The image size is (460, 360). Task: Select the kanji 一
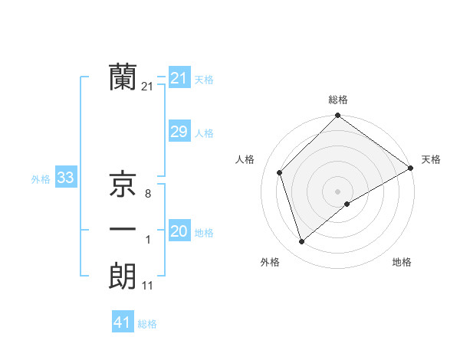pos(123,230)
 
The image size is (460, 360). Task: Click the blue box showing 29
pos(179,132)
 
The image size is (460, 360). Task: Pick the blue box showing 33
pos(65,178)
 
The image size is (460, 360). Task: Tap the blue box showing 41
pos(123,322)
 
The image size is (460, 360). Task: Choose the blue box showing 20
pos(179,231)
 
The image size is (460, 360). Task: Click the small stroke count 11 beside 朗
pos(147,286)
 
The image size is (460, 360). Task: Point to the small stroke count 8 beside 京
pos(147,195)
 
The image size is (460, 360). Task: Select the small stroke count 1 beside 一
pos(147,241)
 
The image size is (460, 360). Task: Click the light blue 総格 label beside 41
pos(147,324)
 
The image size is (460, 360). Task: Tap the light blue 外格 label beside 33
pos(41,179)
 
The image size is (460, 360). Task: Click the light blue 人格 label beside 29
pos(204,133)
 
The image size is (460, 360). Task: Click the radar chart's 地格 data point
pos(347,204)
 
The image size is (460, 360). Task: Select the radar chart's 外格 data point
pos(301,242)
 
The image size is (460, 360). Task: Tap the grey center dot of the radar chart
pos(337,191)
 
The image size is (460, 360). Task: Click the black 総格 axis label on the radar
pos(337,100)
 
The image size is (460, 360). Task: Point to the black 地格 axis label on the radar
pos(402,262)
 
